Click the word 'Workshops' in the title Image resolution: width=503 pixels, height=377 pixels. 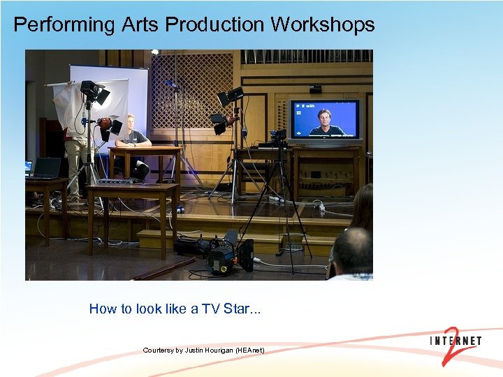(323, 24)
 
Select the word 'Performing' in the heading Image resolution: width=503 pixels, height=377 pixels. (64, 25)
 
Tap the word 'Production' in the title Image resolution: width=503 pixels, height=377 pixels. (216, 24)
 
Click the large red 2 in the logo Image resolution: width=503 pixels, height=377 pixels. (452, 345)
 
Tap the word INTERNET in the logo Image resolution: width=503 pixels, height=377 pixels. (455, 341)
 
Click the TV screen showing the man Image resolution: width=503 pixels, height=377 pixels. (324, 121)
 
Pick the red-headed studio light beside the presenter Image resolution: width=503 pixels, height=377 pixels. (105, 125)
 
